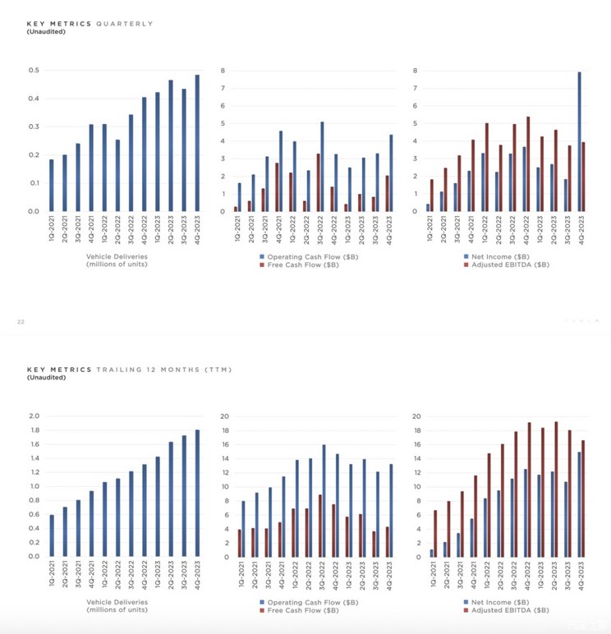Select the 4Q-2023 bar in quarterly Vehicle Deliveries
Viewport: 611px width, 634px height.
(196, 143)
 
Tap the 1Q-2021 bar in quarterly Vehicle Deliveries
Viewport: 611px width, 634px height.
(51, 185)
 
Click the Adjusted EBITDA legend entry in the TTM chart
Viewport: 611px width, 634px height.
(510, 610)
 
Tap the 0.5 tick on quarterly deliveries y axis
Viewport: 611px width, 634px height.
(34, 71)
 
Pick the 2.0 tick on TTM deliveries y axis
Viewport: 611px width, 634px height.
(34, 416)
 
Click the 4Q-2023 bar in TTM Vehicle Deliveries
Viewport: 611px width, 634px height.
(196, 493)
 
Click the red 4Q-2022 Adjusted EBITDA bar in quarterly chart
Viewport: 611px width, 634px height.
(527, 164)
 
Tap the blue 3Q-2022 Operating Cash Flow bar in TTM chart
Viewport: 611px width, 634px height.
(324, 501)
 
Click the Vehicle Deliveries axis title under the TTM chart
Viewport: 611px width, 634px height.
(117, 606)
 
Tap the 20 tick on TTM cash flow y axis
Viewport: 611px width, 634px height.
(223, 416)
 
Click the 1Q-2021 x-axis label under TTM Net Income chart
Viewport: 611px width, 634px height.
(430, 578)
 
